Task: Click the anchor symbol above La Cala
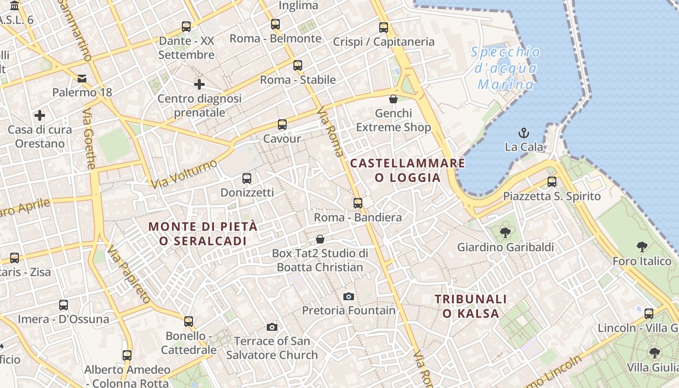524,132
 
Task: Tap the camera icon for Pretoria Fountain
348,296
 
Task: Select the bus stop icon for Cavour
282,125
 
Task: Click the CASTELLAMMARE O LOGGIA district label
407,170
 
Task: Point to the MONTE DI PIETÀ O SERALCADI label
203,233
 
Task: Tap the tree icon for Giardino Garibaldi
505,233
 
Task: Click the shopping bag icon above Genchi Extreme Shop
393,99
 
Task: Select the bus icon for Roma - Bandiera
358,203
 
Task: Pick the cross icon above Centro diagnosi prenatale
199,84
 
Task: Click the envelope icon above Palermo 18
82,78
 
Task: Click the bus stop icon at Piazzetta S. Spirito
551,182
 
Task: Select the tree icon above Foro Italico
642,247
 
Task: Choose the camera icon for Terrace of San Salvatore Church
272,327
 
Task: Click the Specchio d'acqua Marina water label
505,68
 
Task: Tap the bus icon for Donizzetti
247,178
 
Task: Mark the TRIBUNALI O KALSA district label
470,306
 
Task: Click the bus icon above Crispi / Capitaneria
384,27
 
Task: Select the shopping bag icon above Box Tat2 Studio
320,239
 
